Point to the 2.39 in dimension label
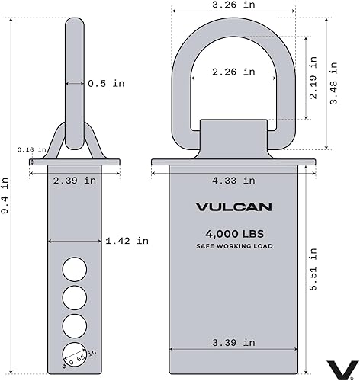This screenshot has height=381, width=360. coord(75,181)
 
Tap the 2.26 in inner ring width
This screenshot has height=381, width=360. coord(233,72)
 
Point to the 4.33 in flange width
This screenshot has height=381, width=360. coord(233,181)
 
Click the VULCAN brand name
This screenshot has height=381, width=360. coord(233,207)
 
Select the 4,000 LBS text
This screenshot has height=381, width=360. coord(233,234)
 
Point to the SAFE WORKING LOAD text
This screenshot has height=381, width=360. coord(233,246)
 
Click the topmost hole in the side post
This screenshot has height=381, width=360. coord(75,268)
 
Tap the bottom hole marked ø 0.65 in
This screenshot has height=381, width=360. coord(75,352)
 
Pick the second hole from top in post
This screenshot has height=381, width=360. coord(75,296)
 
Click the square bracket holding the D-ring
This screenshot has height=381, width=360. coord(233,137)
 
